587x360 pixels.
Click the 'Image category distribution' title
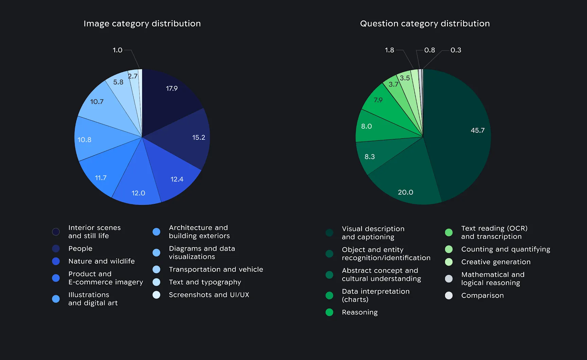pyautogui.click(x=142, y=23)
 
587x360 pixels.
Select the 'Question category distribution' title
pyautogui.click(x=425, y=23)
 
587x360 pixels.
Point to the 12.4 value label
pyautogui.click(x=177, y=179)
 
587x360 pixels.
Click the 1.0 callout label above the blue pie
pyautogui.click(x=118, y=50)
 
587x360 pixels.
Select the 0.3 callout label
pyautogui.click(x=456, y=50)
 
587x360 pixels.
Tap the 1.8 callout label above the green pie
pyautogui.click(x=389, y=50)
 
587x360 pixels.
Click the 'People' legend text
pyautogui.click(x=80, y=248)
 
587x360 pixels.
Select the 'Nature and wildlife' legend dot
pyautogui.click(x=56, y=261)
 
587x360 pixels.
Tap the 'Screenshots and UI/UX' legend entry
pyautogui.click(x=209, y=295)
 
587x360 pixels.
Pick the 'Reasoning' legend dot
pyautogui.click(x=329, y=312)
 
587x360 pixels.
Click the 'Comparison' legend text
pyautogui.click(x=482, y=295)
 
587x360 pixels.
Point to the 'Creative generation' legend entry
pyautogui.click(x=496, y=262)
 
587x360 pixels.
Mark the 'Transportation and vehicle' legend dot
pyautogui.click(x=156, y=269)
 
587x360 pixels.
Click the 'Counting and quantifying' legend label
pyautogui.click(x=505, y=249)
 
